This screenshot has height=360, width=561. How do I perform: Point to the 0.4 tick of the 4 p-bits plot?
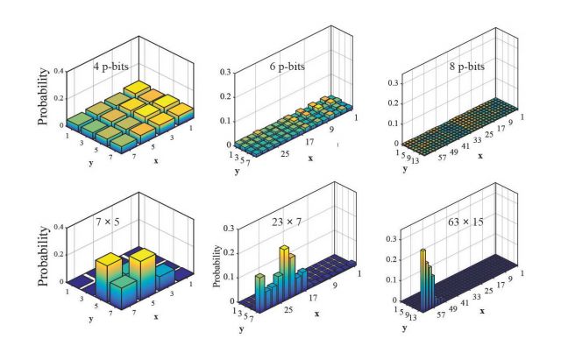[58, 70]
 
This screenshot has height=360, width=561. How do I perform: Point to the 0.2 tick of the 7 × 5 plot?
[58, 254]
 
